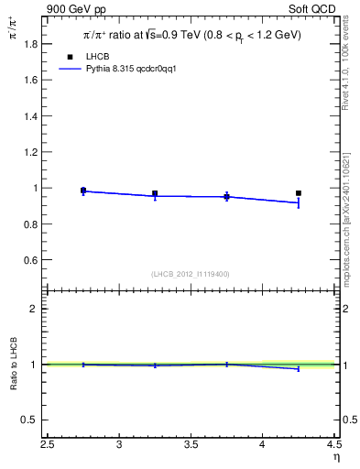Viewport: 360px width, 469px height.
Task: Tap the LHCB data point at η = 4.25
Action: click(299, 193)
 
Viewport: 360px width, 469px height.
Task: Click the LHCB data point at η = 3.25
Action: click(155, 193)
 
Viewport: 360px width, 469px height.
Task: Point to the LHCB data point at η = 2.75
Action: click(83, 191)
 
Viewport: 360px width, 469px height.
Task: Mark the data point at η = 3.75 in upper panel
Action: click(226, 196)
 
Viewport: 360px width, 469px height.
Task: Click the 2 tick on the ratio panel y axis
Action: click(34, 309)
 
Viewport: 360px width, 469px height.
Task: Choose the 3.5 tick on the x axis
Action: click(191, 446)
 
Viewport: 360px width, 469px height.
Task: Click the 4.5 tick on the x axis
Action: click(333, 446)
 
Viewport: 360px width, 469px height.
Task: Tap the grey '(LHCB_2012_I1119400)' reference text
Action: click(191, 274)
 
